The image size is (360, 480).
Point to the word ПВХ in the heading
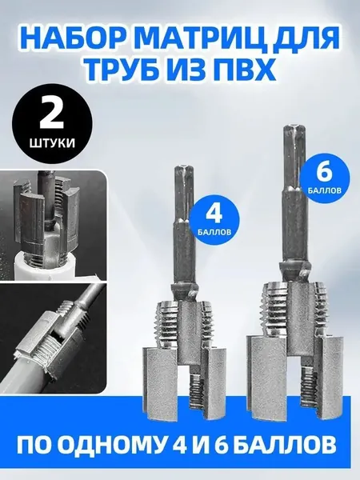[x=243, y=70]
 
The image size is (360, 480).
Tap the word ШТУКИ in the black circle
[x=52, y=143]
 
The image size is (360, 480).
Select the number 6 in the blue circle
[x=325, y=174]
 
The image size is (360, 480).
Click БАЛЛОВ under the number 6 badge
[x=325, y=190]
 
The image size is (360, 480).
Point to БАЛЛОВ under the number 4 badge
[x=214, y=232]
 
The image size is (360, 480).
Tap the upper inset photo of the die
[x=53, y=225]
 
